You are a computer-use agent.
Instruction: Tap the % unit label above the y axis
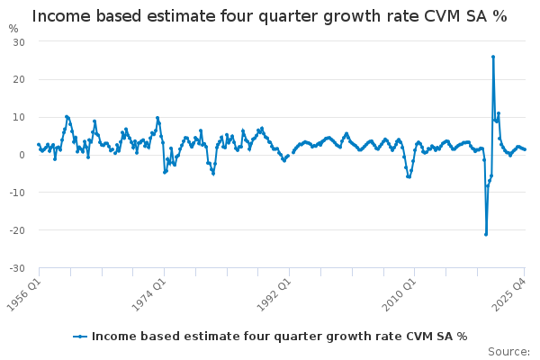13,28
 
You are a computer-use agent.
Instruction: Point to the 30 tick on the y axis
19,42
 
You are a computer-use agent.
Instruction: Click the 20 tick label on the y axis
19,79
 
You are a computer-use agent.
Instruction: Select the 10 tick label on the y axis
19,117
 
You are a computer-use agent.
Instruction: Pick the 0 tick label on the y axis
22,155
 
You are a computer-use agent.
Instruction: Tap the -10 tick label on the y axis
17,193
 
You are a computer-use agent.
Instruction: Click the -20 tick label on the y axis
17,230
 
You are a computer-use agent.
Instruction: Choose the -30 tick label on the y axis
17,268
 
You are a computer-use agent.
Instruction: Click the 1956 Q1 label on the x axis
24,289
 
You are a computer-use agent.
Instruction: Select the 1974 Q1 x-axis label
148,289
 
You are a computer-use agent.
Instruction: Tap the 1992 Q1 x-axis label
274,289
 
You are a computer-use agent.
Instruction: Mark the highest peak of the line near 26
493,57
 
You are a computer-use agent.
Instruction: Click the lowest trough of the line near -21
486,234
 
